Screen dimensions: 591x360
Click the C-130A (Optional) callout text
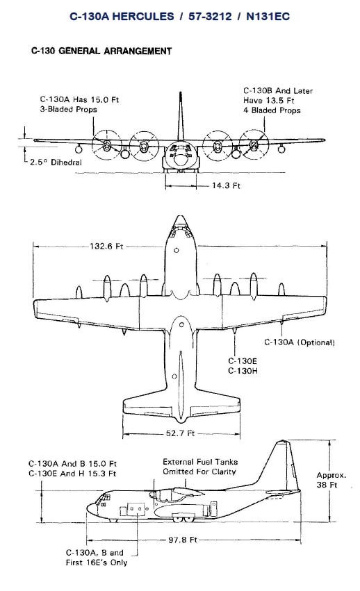coord(300,342)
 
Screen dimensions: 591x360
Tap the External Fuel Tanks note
coord(199,467)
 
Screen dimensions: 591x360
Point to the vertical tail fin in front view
coord(180,118)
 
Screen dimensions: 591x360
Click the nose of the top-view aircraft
coord(180,224)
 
